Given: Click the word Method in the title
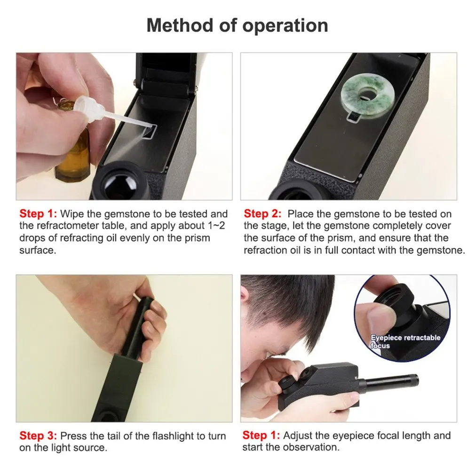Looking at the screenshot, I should click(x=178, y=25).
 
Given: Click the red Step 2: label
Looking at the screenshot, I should click(x=263, y=214).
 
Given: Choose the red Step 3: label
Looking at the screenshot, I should click(x=38, y=436).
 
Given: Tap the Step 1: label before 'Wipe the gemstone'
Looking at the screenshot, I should click(x=38, y=214).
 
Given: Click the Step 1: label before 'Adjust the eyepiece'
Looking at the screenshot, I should click(x=261, y=435).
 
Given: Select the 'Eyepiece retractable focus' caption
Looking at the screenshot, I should click(x=405, y=341).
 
